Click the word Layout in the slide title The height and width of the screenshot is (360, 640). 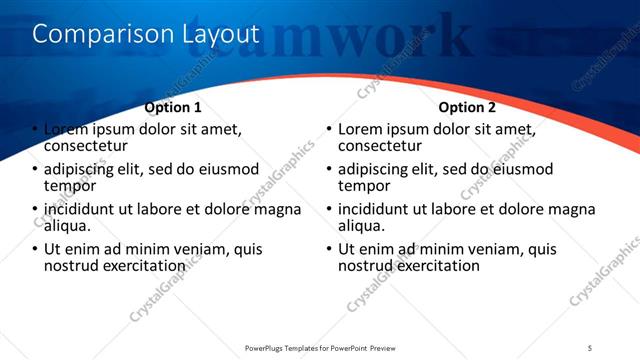[x=220, y=34]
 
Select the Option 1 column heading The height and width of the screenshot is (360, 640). [x=173, y=107]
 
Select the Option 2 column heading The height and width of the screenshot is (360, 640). [x=466, y=107]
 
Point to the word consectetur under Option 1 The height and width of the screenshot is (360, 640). [x=91, y=146]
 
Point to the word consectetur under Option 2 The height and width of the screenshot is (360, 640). [x=385, y=146]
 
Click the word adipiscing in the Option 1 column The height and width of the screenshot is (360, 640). [x=82, y=169]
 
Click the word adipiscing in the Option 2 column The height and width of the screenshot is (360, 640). [x=376, y=169]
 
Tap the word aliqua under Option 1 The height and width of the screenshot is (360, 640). [x=67, y=226]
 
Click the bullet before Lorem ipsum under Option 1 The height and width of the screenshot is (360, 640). [x=34, y=130]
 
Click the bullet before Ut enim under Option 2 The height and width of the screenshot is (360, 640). [x=328, y=249]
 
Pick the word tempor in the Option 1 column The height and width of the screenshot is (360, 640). [x=70, y=186]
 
